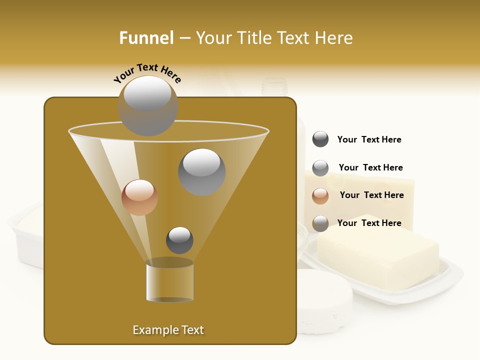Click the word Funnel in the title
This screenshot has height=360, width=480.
click(x=146, y=37)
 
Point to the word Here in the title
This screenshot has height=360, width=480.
click(x=335, y=37)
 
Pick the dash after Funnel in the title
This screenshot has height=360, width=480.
click(x=184, y=38)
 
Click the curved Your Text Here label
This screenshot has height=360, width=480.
click(x=147, y=73)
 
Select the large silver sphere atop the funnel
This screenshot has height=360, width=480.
click(x=147, y=105)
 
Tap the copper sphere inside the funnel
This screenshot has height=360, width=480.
click(x=139, y=197)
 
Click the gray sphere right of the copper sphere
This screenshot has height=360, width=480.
click(x=201, y=171)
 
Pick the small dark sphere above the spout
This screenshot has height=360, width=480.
click(x=179, y=240)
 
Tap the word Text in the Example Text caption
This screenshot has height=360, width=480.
click(x=191, y=330)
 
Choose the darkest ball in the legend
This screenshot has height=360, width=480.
click(x=320, y=139)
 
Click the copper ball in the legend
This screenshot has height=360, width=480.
click(x=320, y=195)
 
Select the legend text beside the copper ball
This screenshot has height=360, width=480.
click(x=371, y=195)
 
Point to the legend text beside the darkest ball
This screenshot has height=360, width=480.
click(x=369, y=139)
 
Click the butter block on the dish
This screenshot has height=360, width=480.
click(x=378, y=252)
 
